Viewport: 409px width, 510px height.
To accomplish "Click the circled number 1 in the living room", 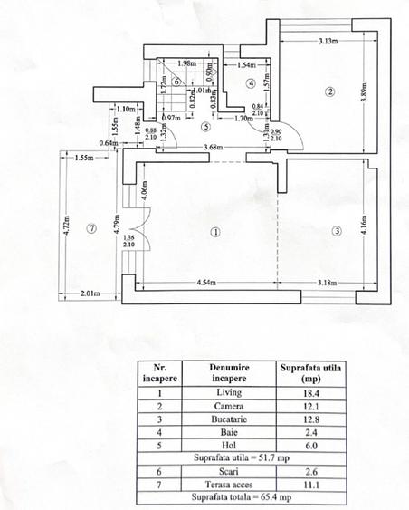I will click(214, 231).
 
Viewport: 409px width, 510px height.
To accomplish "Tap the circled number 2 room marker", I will click(331, 91).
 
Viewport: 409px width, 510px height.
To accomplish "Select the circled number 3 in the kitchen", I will click(337, 231).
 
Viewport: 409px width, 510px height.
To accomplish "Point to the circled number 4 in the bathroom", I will click(251, 83).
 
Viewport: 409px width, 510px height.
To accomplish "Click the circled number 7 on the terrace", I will click(90, 228).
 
